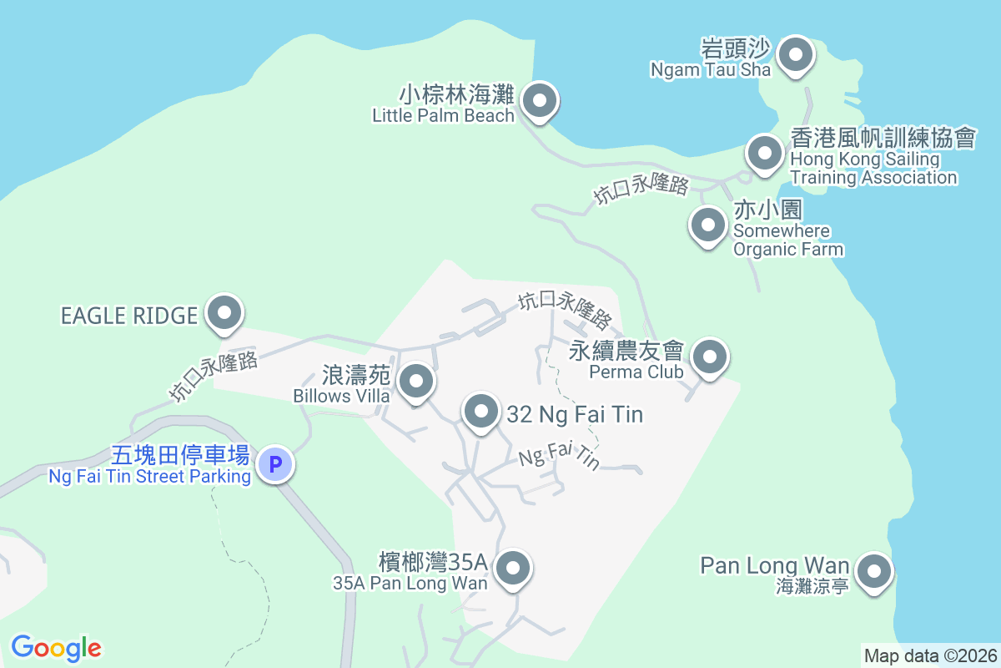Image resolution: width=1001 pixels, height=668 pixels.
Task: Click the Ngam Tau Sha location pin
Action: click(x=795, y=57)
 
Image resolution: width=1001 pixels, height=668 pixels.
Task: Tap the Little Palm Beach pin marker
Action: click(x=540, y=103)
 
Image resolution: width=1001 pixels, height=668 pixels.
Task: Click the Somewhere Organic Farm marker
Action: click(x=708, y=225)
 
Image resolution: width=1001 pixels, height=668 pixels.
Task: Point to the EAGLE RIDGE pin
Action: click(x=224, y=315)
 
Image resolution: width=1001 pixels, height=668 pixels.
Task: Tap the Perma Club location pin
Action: click(x=709, y=358)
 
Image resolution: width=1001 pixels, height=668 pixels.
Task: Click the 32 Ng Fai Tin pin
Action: click(x=480, y=412)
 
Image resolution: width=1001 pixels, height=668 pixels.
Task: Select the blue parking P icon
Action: click(x=274, y=463)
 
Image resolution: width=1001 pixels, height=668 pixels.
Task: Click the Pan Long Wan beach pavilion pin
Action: click(x=874, y=573)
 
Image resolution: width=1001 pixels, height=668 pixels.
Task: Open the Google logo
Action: click(x=57, y=648)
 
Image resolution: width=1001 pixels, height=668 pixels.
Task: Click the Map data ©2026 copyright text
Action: click(x=930, y=655)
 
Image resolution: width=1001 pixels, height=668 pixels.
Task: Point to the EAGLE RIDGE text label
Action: click(x=129, y=316)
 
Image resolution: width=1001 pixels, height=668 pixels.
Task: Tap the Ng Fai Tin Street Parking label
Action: click(x=150, y=477)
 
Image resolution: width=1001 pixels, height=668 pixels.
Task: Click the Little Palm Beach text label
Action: click(x=444, y=116)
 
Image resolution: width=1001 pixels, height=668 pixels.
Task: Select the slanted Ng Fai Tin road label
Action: click(x=559, y=457)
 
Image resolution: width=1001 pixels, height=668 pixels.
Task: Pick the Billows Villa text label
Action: click(x=342, y=396)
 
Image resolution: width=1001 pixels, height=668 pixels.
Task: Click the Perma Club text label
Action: click(x=636, y=372)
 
